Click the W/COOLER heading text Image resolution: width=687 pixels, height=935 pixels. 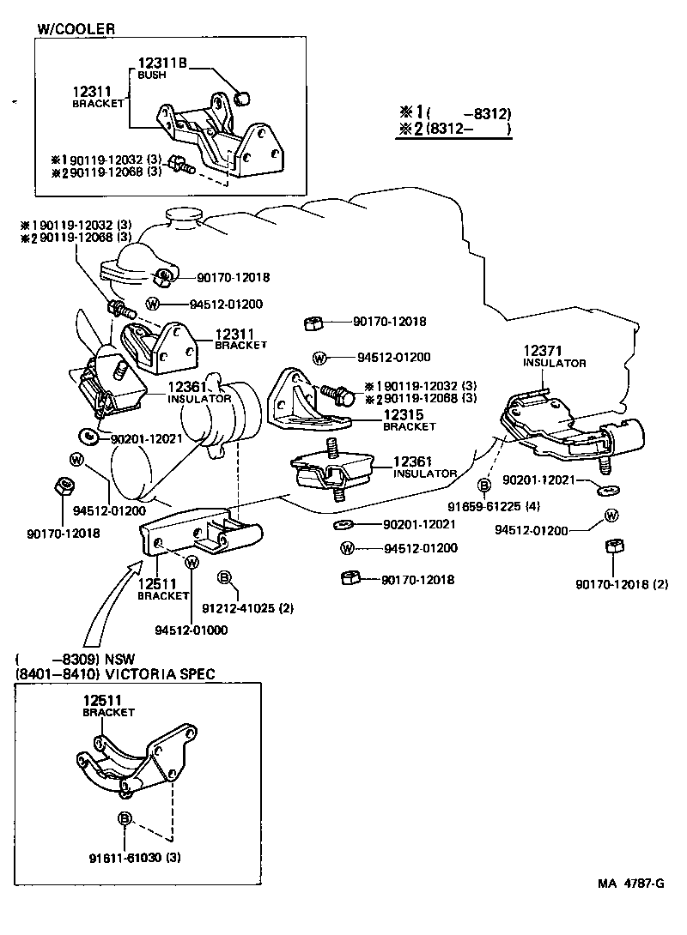76,28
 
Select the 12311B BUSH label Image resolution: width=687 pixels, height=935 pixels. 161,67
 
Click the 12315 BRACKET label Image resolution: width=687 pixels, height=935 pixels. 410,419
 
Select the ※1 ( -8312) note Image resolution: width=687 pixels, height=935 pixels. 454,113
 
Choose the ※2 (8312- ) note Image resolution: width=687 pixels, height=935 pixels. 454,130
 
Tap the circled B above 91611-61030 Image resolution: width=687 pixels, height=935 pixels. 125,819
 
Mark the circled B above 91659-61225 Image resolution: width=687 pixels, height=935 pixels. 484,486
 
